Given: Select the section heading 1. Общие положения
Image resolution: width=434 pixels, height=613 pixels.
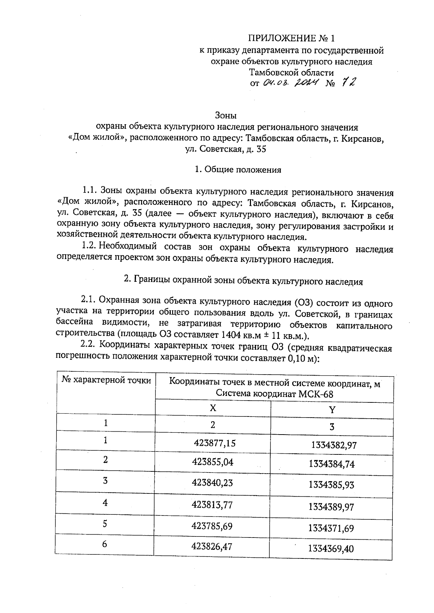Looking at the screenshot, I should [238, 169].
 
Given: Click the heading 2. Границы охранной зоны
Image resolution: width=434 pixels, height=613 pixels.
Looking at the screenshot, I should [243, 281].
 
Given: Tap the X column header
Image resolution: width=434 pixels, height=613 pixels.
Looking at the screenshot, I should [213, 408].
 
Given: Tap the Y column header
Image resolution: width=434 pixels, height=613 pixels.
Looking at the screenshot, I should [332, 409].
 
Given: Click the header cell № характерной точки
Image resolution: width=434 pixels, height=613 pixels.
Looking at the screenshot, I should [106, 380].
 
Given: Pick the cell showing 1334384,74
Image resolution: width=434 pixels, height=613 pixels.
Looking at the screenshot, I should [332, 464].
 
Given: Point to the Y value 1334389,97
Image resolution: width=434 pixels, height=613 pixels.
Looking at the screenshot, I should [331, 507].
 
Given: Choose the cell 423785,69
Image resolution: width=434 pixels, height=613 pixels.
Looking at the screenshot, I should [212, 526].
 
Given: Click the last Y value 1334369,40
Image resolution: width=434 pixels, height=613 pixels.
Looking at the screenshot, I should [331, 549].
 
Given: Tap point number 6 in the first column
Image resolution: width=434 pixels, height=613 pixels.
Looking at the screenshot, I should [105, 544].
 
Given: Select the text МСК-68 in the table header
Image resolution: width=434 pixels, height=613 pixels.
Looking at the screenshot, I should [316, 394].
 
